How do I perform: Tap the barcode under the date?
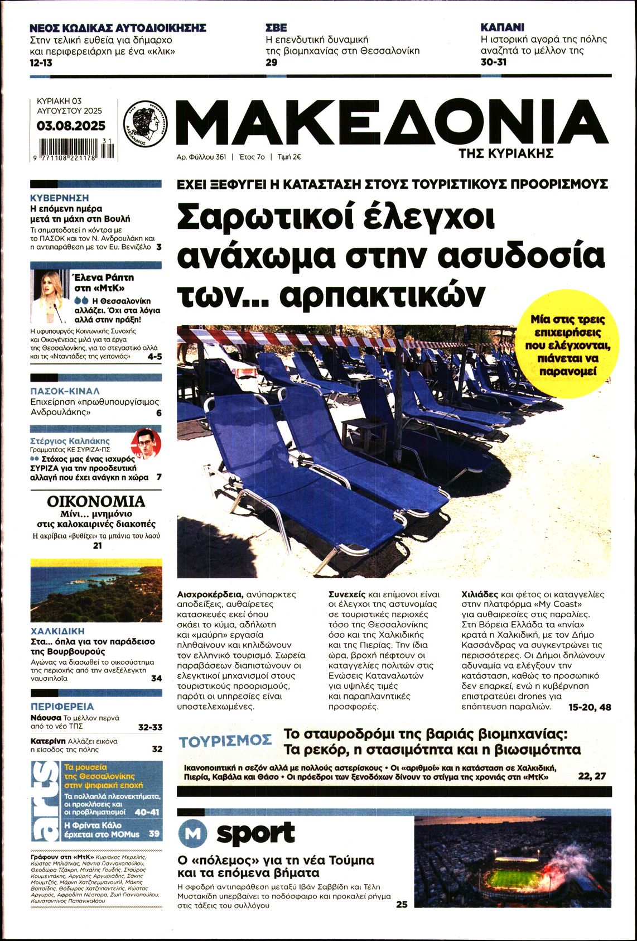[x=74, y=150]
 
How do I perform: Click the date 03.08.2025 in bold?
[x=71, y=126]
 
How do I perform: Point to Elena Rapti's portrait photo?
[x=49, y=297]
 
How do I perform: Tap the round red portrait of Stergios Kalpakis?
[x=146, y=444]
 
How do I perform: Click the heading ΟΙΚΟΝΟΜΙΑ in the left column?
[x=96, y=501]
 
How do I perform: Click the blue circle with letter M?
[x=192, y=834]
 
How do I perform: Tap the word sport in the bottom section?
[x=255, y=833]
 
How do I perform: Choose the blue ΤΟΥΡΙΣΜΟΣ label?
[x=225, y=741]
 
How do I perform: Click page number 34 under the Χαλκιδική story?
[x=156, y=678]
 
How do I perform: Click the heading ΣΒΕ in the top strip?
[x=276, y=27]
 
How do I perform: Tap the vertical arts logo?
[x=45, y=800]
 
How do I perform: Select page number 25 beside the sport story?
[x=402, y=904]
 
